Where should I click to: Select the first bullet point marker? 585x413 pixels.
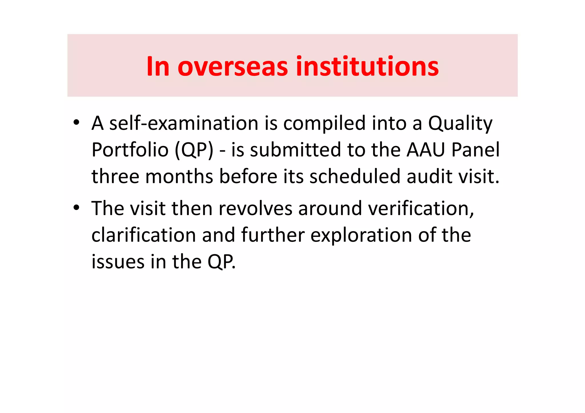pyautogui.click(x=76, y=123)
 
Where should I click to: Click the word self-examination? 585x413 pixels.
pyautogui.click(x=184, y=123)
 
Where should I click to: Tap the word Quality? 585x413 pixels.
pyautogui.click(x=460, y=124)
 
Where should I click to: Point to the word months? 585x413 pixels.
pyautogui.click(x=179, y=176)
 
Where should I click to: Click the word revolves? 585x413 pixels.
pyautogui.click(x=255, y=208)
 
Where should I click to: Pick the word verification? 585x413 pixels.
pyautogui.click(x=421, y=208)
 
